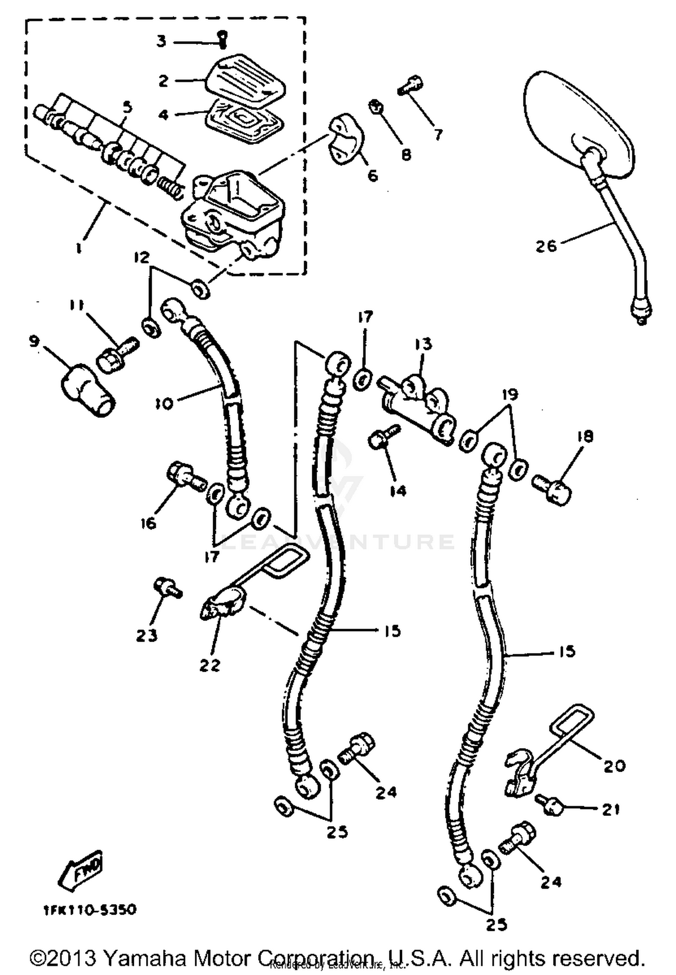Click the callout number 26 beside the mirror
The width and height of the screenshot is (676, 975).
[x=546, y=246]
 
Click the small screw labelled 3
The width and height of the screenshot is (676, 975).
[x=222, y=41]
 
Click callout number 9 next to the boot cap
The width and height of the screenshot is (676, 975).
[x=34, y=341]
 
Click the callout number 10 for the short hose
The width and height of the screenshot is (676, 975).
[x=165, y=403]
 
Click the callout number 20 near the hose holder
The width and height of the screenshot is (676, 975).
[x=613, y=765]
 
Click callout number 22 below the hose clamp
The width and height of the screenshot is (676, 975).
[x=210, y=665]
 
